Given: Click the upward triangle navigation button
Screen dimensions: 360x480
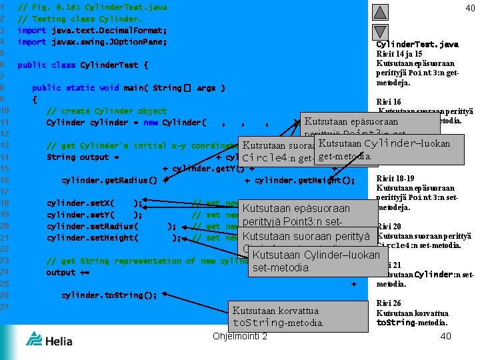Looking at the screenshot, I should [379, 11].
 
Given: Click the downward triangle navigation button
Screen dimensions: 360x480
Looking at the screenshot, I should [379, 32].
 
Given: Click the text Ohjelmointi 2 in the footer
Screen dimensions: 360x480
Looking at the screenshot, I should [239, 335].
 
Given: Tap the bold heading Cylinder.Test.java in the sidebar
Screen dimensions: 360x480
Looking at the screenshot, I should [417, 45].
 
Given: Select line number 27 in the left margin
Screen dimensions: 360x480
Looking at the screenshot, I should [4, 307].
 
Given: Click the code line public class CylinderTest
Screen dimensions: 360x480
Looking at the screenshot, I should [83, 65].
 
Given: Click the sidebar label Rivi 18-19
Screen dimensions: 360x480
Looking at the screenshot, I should [397, 179].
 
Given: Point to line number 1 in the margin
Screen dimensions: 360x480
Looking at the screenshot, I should [4, 7].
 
